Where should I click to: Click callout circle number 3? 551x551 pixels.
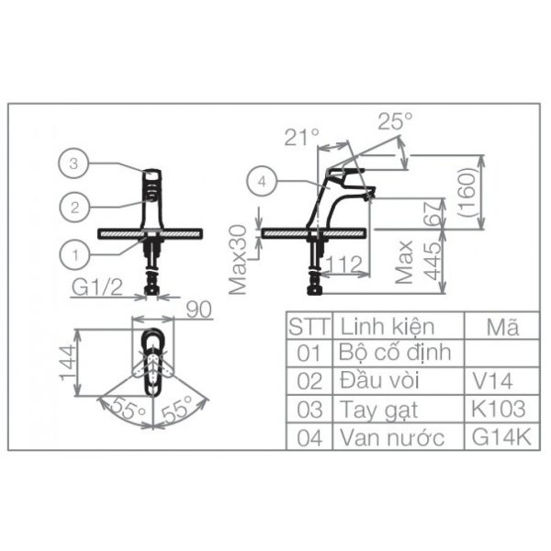pyautogui.click(x=73, y=163)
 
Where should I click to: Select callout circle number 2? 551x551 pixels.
pyautogui.click(x=74, y=208)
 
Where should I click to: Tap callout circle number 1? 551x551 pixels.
pyautogui.click(x=75, y=255)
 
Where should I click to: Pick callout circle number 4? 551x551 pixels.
pyautogui.click(x=262, y=182)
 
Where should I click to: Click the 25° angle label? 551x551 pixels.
pyautogui.click(x=395, y=121)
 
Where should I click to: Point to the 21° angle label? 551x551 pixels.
pyautogui.click(x=302, y=137)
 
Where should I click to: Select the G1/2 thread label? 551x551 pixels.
pyautogui.click(x=97, y=287)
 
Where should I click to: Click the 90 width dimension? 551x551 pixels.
pyautogui.click(x=199, y=309)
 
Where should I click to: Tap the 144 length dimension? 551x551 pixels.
pyautogui.click(x=68, y=363)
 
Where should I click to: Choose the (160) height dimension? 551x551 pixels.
pyautogui.click(x=468, y=192)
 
